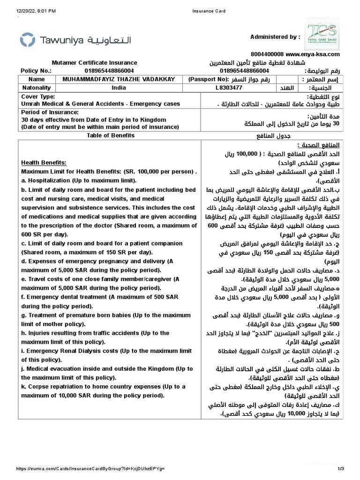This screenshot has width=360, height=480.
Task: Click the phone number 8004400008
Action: point(267,54)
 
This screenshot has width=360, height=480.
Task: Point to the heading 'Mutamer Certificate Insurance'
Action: point(94,63)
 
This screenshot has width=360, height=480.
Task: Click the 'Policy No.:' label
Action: point(36,71)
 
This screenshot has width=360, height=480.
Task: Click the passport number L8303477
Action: point(229,88)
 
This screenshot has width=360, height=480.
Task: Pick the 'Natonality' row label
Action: point(37,88)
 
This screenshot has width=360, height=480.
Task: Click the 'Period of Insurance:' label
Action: point(50,112)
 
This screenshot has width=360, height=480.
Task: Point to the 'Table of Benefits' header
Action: point(111,135)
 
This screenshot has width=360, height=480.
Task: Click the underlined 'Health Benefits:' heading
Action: point(44,163)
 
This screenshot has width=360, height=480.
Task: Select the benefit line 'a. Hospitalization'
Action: point(79,180)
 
